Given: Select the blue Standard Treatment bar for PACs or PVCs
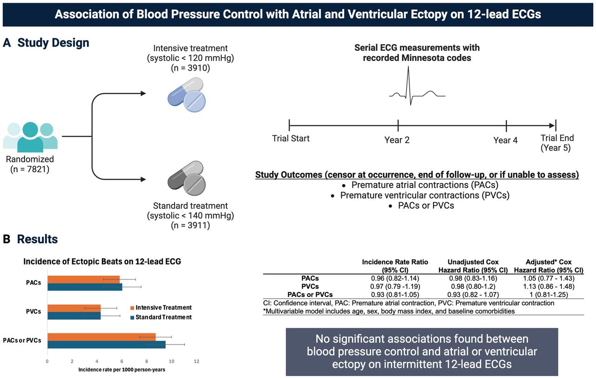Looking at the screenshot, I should point(106,345).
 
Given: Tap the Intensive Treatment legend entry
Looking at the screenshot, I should point(160,308).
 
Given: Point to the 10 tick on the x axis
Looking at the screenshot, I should point(172,361).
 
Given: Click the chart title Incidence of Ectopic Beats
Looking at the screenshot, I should point(102,262).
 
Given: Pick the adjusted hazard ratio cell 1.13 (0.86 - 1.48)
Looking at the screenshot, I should point(547,286).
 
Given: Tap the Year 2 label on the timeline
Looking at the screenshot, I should point(397,140).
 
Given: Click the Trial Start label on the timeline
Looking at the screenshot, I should point(291,138).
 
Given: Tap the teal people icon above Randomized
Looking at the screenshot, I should point(30,136).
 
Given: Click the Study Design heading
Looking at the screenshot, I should point(53,43).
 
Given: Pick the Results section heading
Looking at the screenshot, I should point(37,239).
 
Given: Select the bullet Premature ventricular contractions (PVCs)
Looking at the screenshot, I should point(424,195).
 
